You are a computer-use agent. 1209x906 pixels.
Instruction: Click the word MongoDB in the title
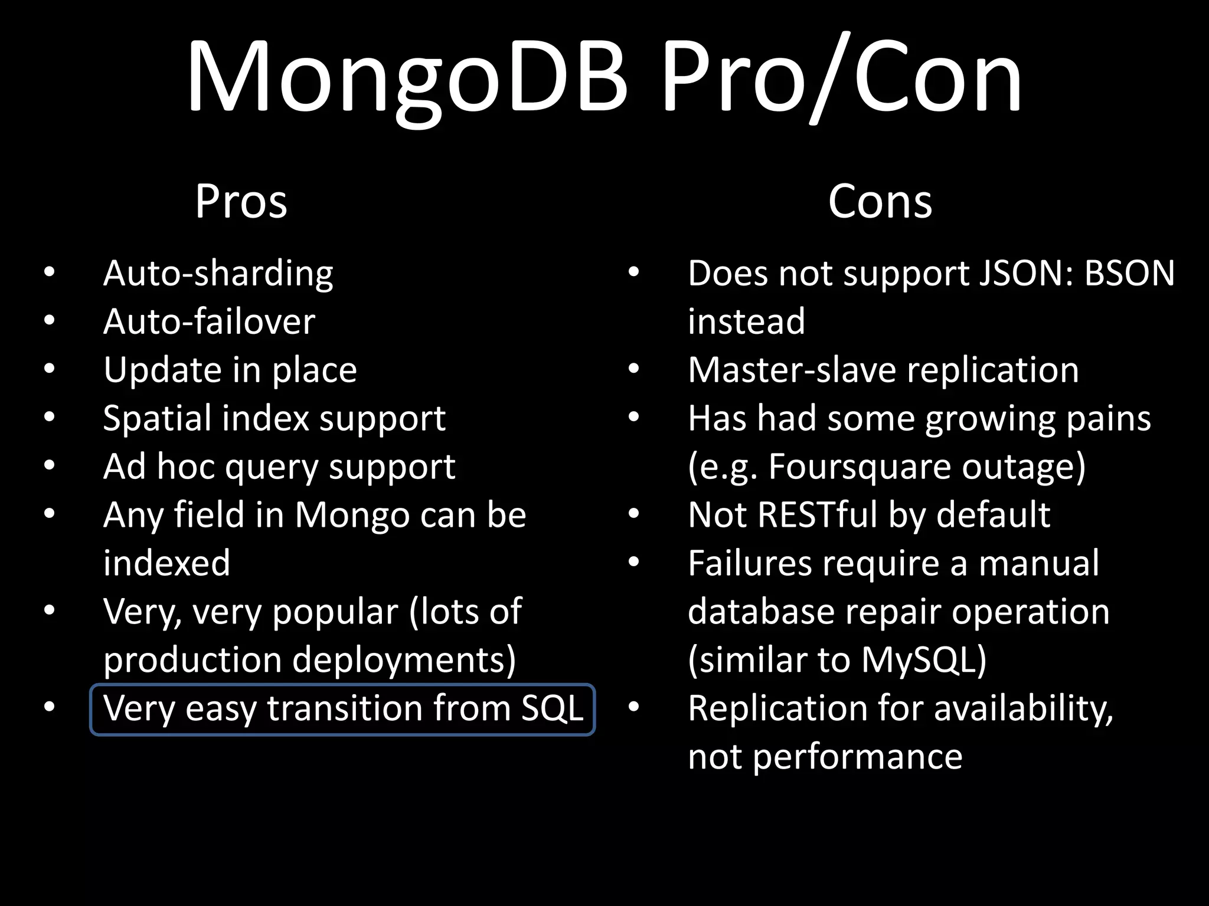click(x=407, y=77)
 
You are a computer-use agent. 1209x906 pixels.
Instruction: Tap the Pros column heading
click(x=241, y=202)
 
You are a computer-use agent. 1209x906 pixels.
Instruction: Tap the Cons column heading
click(x=880, y=202)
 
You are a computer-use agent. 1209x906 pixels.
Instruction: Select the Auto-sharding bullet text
click(x=218, y=274)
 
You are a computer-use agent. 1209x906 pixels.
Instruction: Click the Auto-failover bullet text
click(x=209, y=322)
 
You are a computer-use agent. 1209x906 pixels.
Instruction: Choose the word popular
click(x=335, y=612)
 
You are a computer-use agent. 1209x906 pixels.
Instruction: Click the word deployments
click(x=404, y=661)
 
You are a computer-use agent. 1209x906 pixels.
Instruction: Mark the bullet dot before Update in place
click(x=49, y=369)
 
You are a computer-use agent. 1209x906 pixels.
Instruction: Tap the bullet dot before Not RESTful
click(x=633, y=514)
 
